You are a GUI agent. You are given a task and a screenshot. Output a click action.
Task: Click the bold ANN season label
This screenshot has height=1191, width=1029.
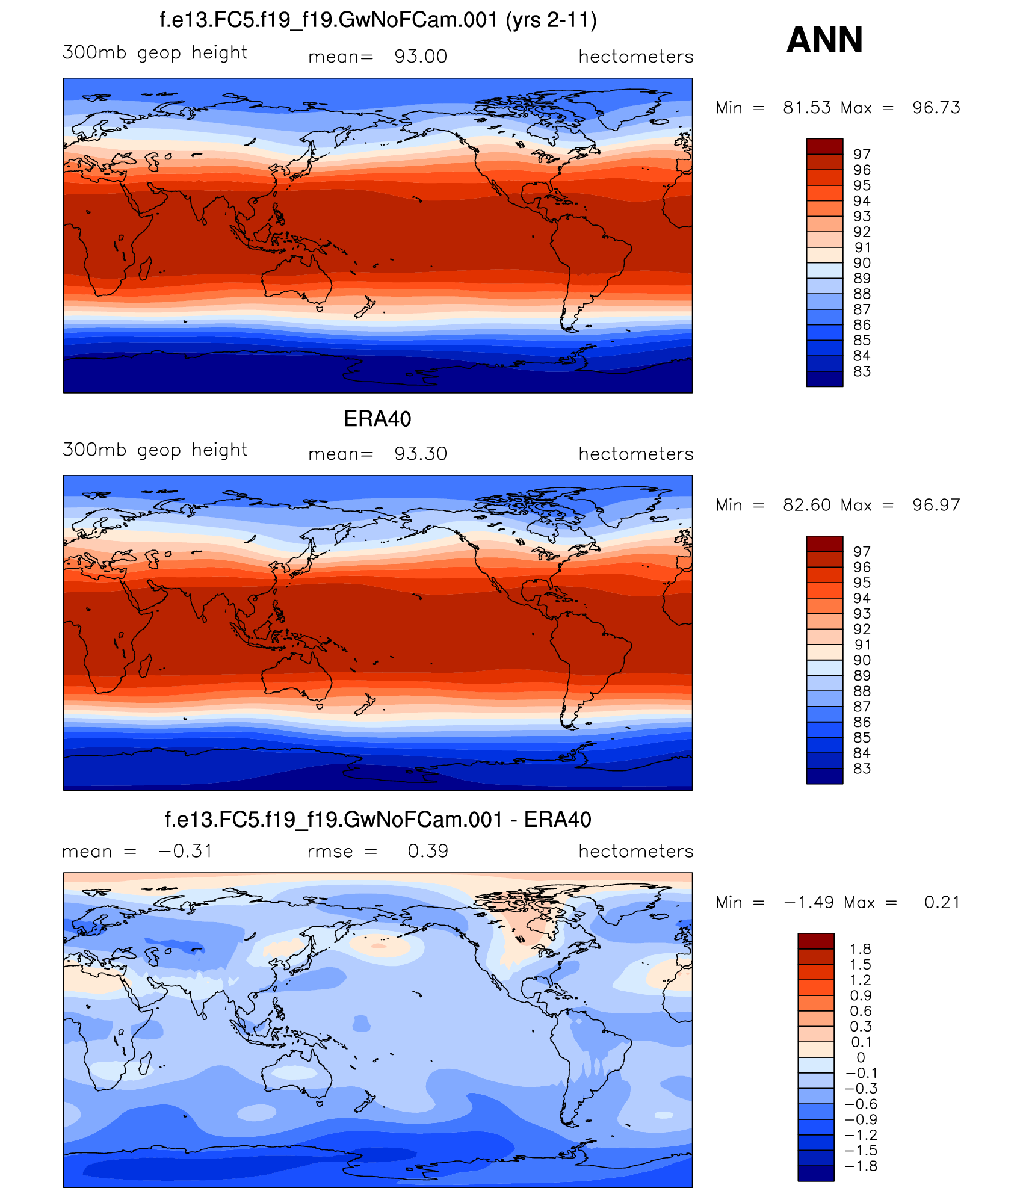(824, 40)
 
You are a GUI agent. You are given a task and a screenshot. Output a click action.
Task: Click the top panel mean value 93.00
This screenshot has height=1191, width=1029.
(420, 57)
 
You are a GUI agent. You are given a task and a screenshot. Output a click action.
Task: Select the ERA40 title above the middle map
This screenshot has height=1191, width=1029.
(377, 419)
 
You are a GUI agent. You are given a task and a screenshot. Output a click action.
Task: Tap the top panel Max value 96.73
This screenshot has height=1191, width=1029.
(936, 108)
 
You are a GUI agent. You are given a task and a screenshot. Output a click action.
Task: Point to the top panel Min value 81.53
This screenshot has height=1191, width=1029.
(806, 108)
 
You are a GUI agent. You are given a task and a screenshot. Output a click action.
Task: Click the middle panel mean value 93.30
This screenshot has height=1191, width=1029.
(420, 454)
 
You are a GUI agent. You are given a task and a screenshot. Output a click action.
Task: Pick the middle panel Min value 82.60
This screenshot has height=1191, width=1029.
(806, 505)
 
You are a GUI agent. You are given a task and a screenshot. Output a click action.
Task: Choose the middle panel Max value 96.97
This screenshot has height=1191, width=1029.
(936, 505)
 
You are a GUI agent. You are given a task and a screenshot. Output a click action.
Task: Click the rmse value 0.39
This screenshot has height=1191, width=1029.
(427, 851)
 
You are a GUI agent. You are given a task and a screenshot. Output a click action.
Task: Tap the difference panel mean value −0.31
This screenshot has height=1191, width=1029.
(185, 851)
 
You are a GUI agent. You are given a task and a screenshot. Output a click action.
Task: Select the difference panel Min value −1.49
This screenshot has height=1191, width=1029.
(808, 902)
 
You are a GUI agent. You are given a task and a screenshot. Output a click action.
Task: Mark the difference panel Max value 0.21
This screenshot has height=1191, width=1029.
(942, 902)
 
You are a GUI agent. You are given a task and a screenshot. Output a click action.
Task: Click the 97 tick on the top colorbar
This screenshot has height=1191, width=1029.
(862, 155)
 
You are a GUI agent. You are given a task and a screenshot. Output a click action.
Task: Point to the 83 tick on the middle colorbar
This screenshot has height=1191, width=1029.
(862, 769)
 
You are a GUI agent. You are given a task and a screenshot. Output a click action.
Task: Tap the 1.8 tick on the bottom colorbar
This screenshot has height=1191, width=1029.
(861, 949)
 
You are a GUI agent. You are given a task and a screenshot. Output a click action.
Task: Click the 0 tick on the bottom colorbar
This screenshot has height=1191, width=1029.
(861, 1057)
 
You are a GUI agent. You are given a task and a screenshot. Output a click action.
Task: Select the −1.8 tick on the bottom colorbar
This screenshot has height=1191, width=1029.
(861, 1166)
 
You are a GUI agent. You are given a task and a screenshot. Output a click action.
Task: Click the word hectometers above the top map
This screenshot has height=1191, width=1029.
(635, 57)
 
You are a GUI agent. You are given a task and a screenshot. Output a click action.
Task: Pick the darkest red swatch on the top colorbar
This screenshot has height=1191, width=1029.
(824, 146)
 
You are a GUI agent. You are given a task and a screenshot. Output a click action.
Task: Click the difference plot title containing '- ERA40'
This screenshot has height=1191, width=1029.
(378, 820)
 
